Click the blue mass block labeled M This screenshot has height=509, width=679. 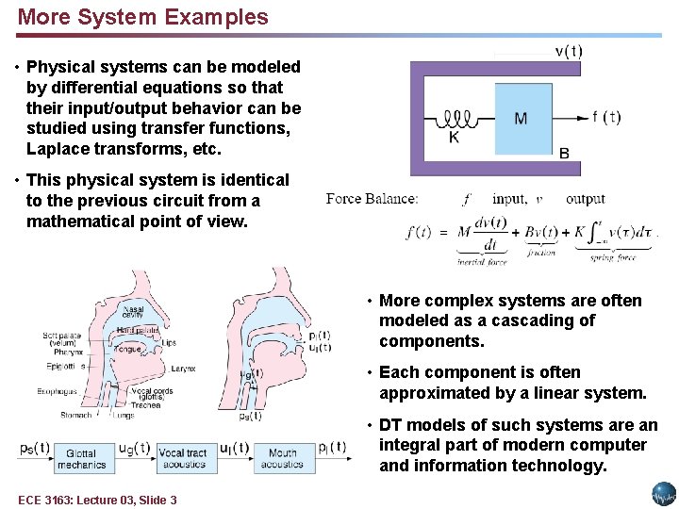point(522,118)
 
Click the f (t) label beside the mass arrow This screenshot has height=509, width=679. point(606,118)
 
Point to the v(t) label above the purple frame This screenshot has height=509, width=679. point(568,52)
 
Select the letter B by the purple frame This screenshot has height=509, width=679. point(564,153)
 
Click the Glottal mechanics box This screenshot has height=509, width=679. point(82,459)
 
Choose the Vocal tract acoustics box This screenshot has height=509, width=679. point(183,459)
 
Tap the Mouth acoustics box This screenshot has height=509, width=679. point(282,459)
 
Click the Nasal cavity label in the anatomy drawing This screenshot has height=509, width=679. point(133,311)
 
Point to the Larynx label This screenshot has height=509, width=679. point(184,369)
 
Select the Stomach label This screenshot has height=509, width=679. point(76,414)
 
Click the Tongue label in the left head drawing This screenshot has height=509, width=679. point(130,349)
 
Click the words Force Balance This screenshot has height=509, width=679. point(372,199)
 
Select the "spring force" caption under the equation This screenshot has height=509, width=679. point(614,256)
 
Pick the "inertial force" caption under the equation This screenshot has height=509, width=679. point(482,261)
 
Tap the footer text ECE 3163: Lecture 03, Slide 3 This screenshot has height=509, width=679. point(97,500)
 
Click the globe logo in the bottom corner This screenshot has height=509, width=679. point(663,494)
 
